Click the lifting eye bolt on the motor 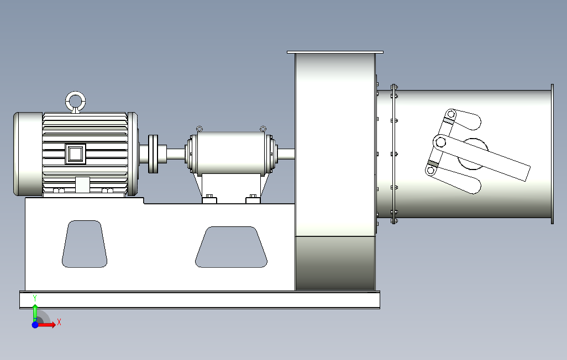pos(76,102)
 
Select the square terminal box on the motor pos(76,153)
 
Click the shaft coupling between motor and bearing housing pos(154,153)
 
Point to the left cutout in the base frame pos(85,244)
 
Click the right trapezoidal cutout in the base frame pos(232,247)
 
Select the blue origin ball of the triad pos(35,325)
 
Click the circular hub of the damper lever pos(473,153)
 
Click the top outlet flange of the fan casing pos(335,52)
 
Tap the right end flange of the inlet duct pos(552,153)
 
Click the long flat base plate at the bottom pos(199,300)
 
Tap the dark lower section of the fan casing pos(335,263)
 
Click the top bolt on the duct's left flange pos(394,87)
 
